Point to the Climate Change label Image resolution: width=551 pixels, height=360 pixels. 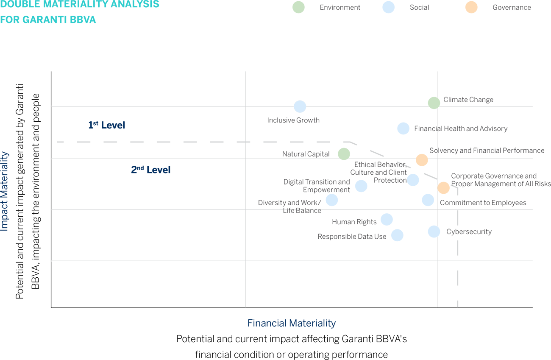(468, 101)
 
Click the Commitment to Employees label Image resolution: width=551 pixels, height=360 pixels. (483, 204)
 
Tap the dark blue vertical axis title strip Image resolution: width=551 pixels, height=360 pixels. (6, 191)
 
